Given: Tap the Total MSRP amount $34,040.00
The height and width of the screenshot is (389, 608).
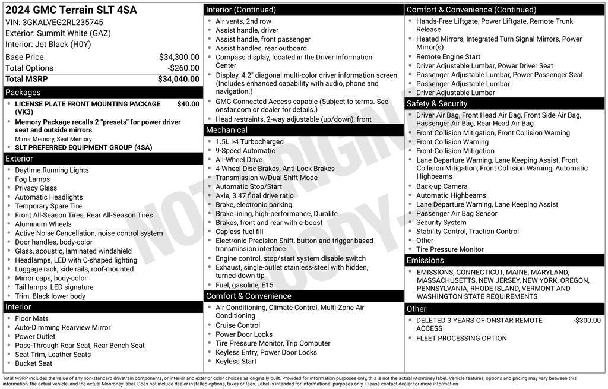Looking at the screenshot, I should [x=179, y=79].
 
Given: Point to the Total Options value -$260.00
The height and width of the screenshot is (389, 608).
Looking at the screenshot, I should [x=183, y=68].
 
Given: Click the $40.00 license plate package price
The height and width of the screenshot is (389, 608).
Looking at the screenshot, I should [x=188, y=104].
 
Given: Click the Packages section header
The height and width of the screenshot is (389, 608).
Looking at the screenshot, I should [x=23, y=93].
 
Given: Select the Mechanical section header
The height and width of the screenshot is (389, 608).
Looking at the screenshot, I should [x=227, y=130].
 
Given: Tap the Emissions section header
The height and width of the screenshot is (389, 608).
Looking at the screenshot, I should [x=425, y=261].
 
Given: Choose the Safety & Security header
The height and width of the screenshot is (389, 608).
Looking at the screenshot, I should [x=437, y=104].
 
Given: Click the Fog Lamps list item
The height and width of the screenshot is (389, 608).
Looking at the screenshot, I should [x=33, y=179].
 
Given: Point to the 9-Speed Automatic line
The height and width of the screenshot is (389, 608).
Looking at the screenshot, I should [x=245, y=151].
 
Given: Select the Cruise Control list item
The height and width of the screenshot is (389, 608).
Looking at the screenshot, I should [x=237, y=325].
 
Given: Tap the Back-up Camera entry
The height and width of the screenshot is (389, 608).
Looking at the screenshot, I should [x=442, y=186].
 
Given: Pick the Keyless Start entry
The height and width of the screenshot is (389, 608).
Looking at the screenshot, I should [x=236, y=361].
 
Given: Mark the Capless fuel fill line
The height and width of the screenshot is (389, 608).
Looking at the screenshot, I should [x=239, y=232].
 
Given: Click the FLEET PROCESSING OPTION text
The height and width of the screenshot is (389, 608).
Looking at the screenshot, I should [x=461, y=339].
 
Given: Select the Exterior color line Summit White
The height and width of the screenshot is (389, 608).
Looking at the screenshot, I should [x=58, y=33].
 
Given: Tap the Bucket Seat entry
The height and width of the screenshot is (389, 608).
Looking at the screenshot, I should [x=34, y=363].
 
